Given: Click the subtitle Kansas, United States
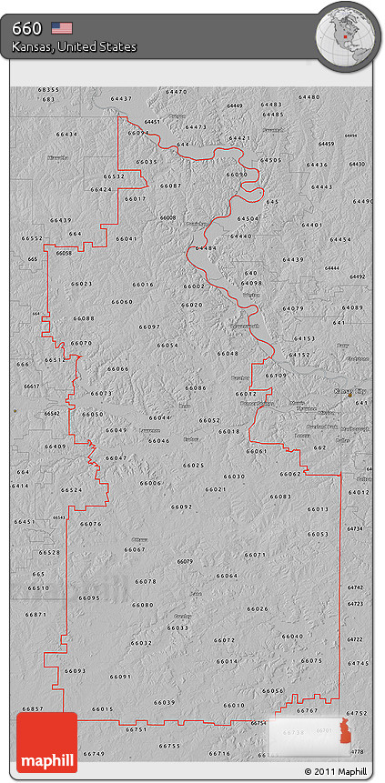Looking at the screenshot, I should [75, 46].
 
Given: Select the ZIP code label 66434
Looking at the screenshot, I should [66, 135].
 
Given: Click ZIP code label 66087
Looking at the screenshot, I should [170, 186].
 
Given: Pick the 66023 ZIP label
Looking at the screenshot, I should [81, 285].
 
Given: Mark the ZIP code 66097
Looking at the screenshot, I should [149, 326].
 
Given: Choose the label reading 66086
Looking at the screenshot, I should [195, 387].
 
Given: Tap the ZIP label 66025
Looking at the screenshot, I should [193, 465].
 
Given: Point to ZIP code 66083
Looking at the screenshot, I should [280, 497].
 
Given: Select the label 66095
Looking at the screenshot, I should [89, 597].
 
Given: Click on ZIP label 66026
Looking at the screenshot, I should [258, 608].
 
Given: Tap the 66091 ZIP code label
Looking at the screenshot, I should [120, 677].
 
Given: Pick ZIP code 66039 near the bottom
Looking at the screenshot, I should [164, 702].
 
